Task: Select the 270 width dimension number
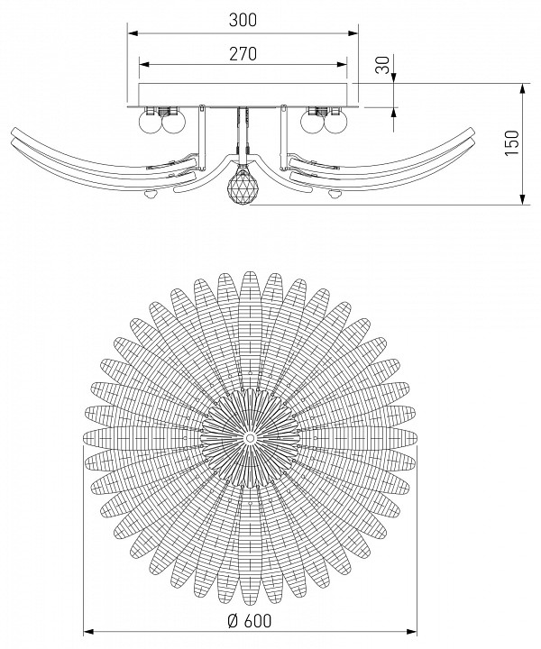243,54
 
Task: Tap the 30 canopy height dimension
383,65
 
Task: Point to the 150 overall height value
512,143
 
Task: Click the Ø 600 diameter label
249,620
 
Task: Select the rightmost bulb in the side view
335,123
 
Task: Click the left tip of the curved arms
12,135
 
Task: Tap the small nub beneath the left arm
150,193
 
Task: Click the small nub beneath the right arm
335,193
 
